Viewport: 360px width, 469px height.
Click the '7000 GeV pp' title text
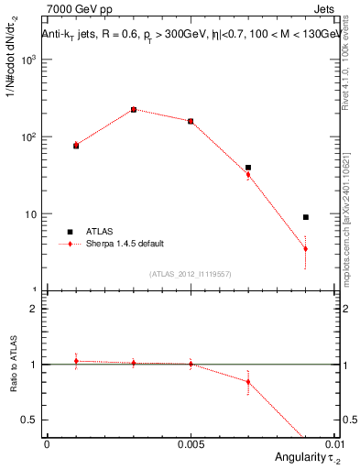click(x=74, y=9)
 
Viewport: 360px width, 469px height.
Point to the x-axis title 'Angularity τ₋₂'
click(x=300, y=456)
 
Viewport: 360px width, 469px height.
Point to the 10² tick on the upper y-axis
click(x=30, y=137)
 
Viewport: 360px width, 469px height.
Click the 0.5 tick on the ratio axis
click(x=33, y=420)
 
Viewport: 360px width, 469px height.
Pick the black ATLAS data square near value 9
click(x=306, y=217)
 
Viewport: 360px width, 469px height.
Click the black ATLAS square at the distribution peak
click(x=134, y=110)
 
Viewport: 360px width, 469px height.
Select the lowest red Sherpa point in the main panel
click(x=306, y=249)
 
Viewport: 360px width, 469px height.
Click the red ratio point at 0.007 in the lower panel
click(x=248, y=382)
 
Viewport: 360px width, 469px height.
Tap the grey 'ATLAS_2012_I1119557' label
click(x=191, y=274)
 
